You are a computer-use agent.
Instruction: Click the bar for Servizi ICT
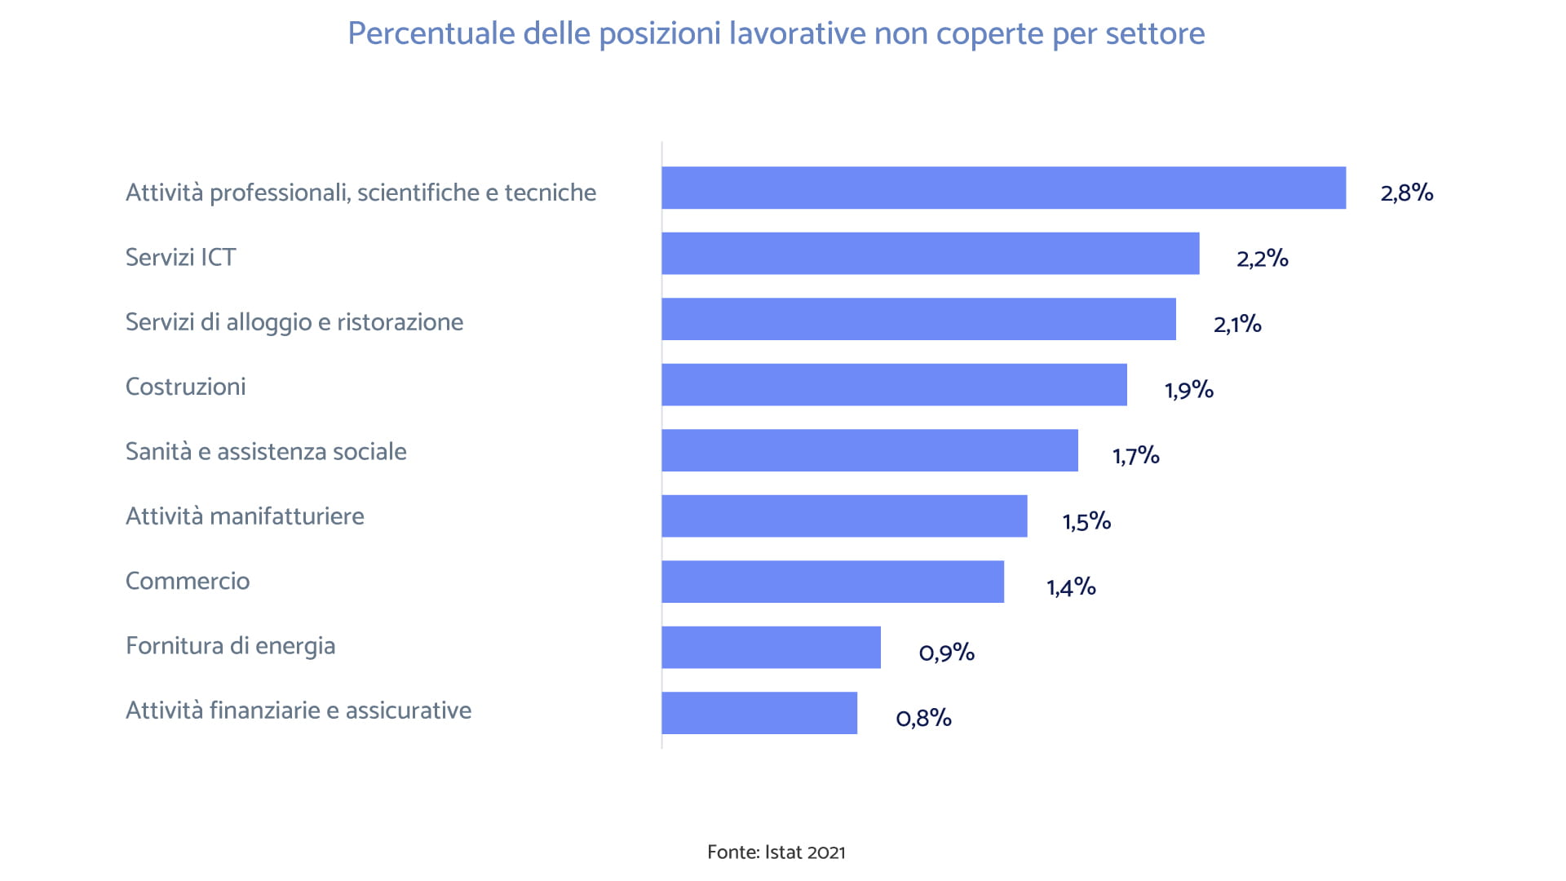[930, 253]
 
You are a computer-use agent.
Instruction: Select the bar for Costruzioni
[894, 384]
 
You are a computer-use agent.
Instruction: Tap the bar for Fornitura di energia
[771, 647]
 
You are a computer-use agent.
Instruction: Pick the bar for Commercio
[832, 582]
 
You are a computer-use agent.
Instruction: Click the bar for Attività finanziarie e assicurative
[759, 713]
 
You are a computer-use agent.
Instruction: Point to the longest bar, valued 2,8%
[1003, 188]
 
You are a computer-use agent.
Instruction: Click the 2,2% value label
[1262, 259]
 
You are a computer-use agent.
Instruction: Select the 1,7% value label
[1135, 455]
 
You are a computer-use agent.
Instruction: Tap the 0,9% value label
[946, 652]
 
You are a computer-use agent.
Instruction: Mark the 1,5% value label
[1086, 520]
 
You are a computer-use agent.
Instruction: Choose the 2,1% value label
[1236, 324]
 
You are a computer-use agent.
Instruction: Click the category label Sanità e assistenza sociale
[266, 451]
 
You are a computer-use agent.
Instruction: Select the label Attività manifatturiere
[245, 516]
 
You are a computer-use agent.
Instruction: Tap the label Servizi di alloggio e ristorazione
[294, 321]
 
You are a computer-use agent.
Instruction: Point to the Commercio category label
[188, 581]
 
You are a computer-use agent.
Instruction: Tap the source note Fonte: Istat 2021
[776, 852]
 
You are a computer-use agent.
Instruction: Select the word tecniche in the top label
[550, 193]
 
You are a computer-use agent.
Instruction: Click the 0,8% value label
[923, 718]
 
